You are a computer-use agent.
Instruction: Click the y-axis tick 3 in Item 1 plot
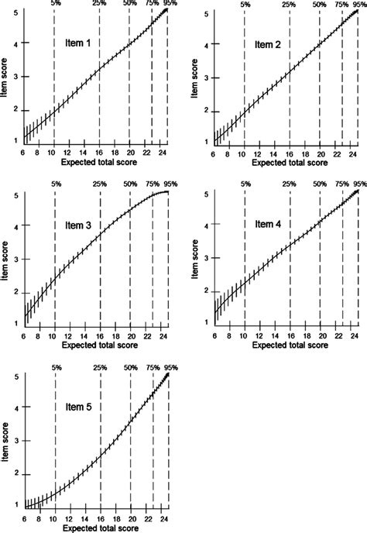click(x=16, y=77)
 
